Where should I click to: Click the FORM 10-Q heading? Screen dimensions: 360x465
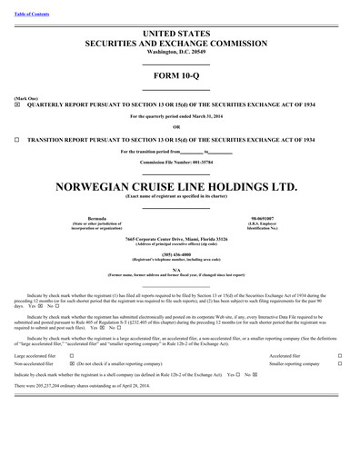(179, 76)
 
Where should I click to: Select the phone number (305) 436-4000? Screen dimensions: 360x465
(179, 254)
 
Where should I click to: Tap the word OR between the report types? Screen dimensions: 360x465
(179, 128)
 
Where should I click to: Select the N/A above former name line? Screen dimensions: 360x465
(179, 269)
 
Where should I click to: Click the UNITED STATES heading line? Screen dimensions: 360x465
(179, 34)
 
